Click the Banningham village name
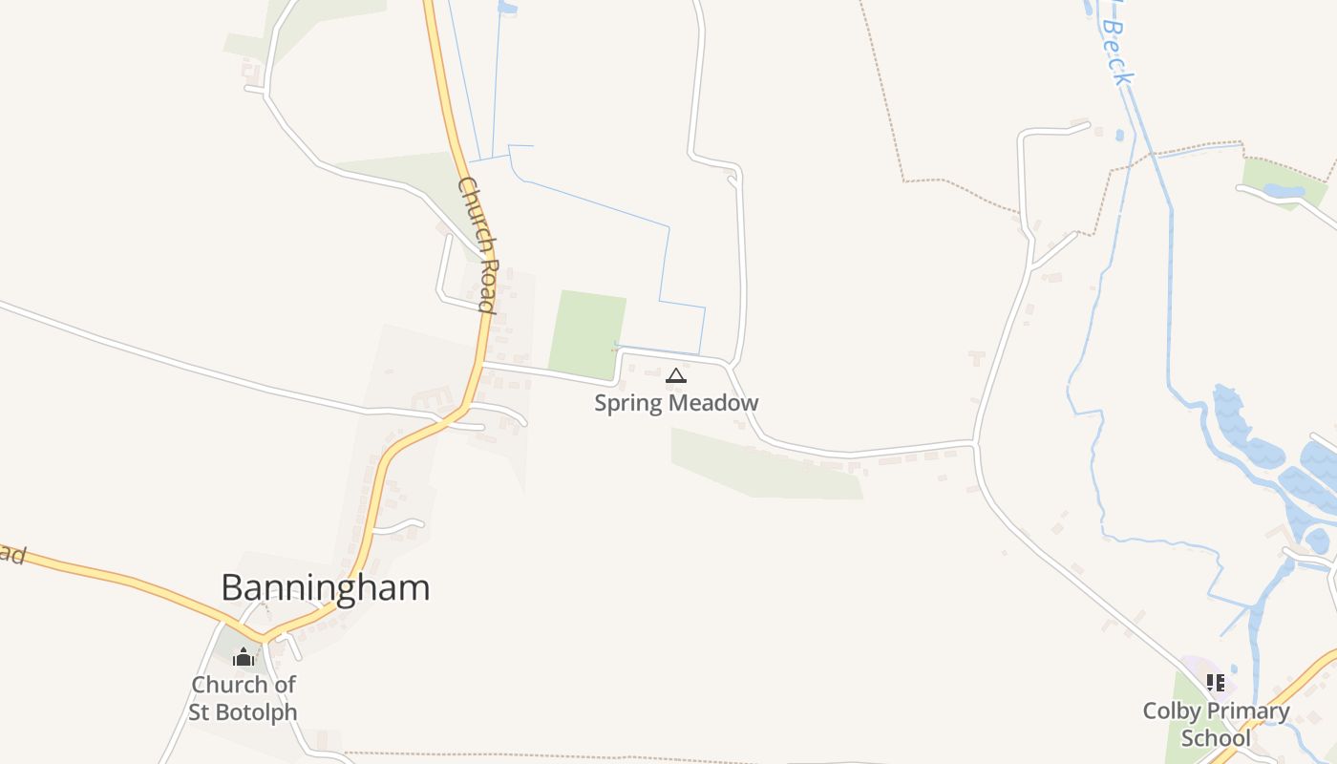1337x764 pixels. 325,587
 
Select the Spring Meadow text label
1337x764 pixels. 676,403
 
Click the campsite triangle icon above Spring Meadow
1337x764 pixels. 676,375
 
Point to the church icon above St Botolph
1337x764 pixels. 244,657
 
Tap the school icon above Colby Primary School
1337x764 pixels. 1215,682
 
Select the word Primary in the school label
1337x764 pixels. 1246,711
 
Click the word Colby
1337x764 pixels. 1171,711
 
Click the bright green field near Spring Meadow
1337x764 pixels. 587,332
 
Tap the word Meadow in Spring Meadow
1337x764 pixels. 714,403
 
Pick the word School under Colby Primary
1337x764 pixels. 1216,738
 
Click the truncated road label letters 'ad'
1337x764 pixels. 11,554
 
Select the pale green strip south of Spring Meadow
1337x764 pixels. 764,465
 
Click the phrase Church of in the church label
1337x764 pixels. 244,685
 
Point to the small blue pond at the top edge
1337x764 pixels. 507,8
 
